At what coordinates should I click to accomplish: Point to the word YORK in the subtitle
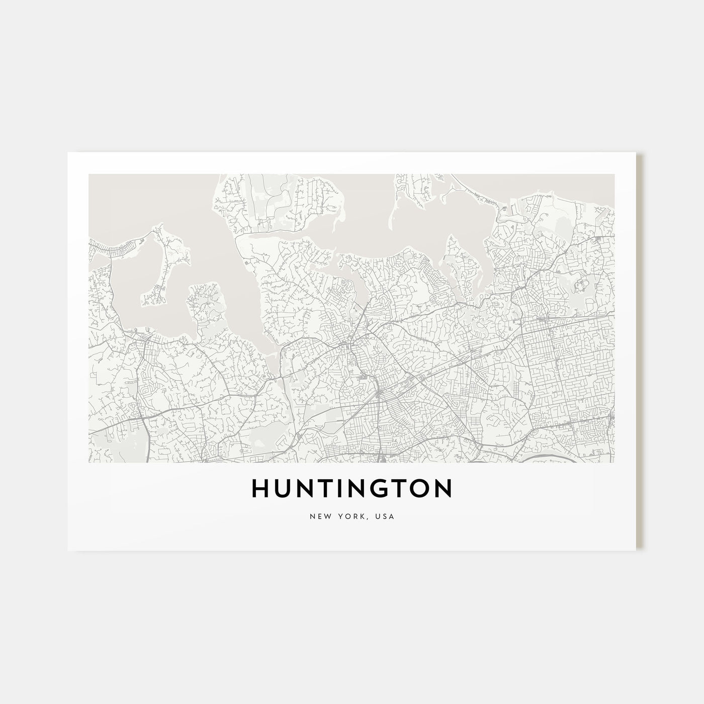click(350, 516)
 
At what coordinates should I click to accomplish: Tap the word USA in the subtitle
click(386, 516)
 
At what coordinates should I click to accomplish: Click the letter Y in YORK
click(339, 516)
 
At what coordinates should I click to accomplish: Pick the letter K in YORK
click(360, 516)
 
